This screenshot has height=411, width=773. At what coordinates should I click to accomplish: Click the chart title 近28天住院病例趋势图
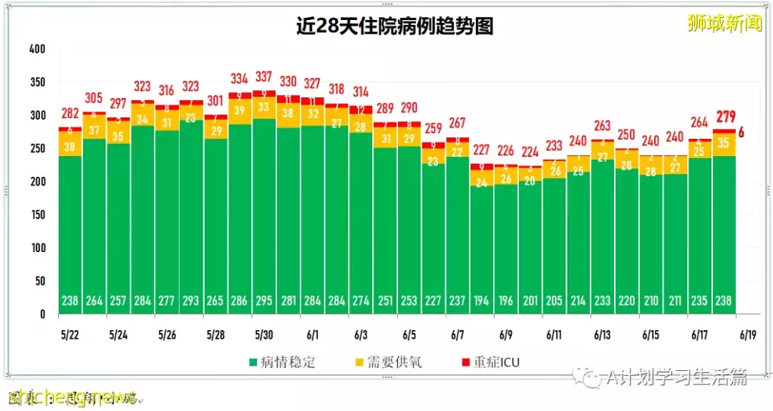394,26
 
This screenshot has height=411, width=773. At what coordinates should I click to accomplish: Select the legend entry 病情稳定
278,362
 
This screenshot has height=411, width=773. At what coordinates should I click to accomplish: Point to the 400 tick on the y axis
37,49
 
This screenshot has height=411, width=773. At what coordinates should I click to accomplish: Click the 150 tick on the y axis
37,215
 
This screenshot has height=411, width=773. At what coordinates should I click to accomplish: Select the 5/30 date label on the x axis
263,334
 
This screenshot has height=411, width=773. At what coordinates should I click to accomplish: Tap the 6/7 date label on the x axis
457,334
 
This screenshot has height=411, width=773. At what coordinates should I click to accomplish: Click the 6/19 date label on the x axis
748,334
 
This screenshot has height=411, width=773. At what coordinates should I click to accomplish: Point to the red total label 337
263,77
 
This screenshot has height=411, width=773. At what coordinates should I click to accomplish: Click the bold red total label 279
724,117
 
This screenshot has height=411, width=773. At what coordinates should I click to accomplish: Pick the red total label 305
94,98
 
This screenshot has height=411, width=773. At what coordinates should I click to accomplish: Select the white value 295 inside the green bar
263,301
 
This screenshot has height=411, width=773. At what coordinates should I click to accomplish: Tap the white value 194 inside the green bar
481,301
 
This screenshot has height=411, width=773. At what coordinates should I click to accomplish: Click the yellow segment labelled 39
240,110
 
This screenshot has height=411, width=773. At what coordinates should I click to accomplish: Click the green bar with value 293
191,215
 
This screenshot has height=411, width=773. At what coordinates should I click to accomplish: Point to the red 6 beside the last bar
742,132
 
